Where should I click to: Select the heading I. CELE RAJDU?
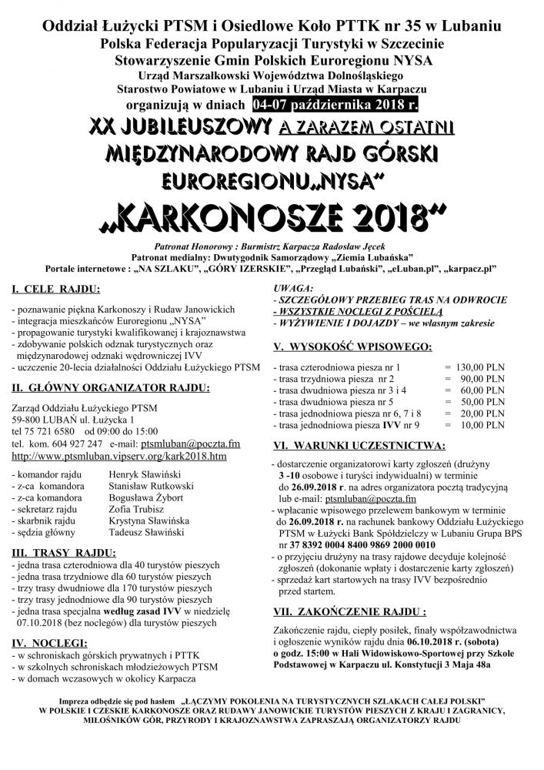point(56,290)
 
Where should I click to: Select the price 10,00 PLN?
point(482,424)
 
